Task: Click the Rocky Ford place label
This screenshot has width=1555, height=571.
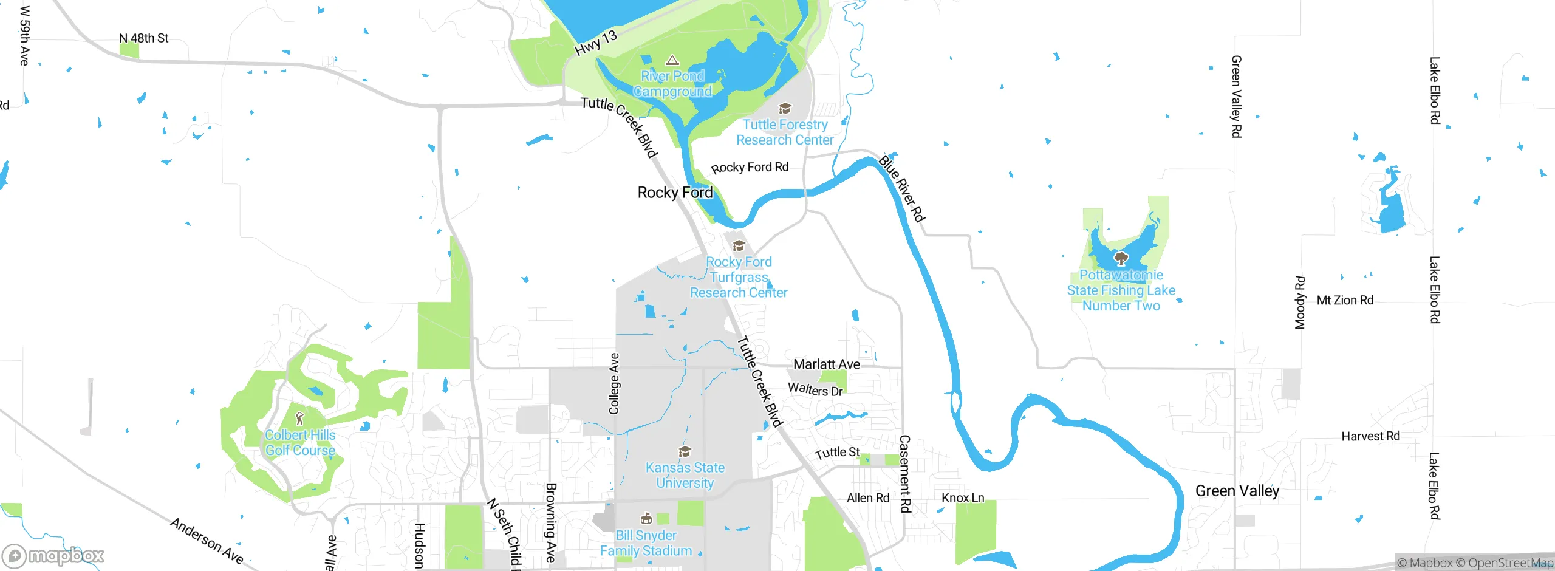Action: (x=675, y=193)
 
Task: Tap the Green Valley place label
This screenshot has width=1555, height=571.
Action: (x=1237, y=491)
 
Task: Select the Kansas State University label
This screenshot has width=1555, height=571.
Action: (x=685, y=475)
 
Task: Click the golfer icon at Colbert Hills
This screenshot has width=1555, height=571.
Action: (x=299, y=419)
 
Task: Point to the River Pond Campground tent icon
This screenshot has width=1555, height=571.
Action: (x=672, y=60)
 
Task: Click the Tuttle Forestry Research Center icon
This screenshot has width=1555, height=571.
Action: (x=785, y=109)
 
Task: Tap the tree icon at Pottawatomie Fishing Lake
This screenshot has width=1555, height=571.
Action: (x=1121, y=259)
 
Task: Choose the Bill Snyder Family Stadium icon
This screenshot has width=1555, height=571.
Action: (x=646, y=519)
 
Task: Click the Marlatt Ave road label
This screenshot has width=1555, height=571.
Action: (x=826, y=364)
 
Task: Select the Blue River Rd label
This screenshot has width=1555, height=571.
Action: (x=902, y=188)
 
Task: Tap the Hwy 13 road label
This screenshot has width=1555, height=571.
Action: (x=596, y=43)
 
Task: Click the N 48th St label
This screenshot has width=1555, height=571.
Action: (x=143, y=38)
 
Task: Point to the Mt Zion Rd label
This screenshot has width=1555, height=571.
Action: (x=1345, y=300)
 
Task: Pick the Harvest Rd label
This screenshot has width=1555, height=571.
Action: (x=1370, y=436)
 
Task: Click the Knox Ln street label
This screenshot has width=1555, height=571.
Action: (x=962, y=498)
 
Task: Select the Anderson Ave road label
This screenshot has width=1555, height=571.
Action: (x=207, y=541)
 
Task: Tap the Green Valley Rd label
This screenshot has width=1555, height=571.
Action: (x=1236, y=97)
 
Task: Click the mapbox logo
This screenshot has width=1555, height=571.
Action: (x=53, y=556)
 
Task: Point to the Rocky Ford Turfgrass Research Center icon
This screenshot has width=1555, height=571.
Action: (x=739, y=246)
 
